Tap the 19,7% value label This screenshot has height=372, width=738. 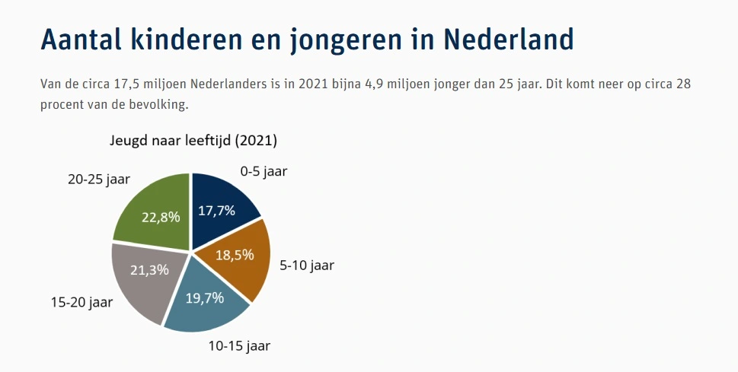coord(205,297)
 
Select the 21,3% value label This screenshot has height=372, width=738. coord(150,269)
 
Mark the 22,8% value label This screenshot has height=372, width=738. coord(161,217)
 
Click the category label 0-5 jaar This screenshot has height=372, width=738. coord(264,171)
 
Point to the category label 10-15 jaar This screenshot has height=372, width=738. coord(239,347)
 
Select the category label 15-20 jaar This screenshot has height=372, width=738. coord(81,302)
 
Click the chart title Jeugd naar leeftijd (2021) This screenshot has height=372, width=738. coord(190,141)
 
